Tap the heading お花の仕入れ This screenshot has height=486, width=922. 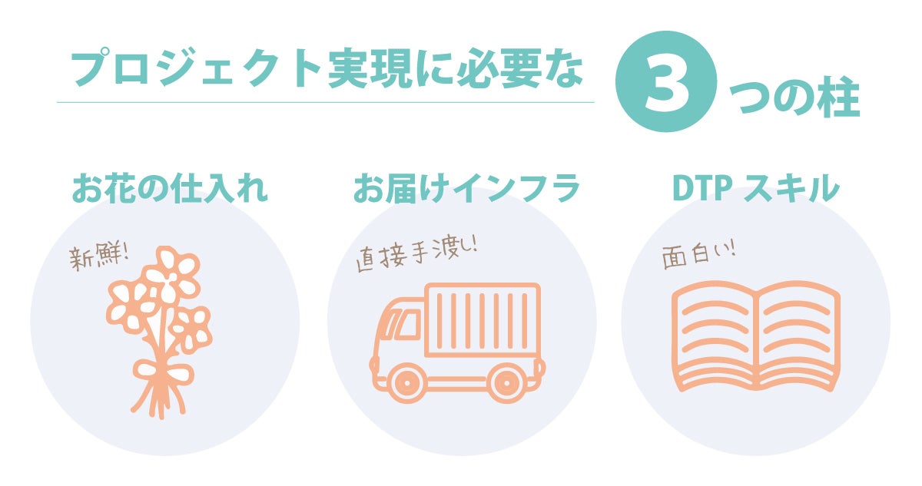[x=170, y=188]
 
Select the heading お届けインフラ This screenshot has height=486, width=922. [x=466, y=188]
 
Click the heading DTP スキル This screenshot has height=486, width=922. [x=756, y=188]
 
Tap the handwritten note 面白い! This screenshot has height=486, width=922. [x=698, y=256]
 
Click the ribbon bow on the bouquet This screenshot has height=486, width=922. [x=163, y=372]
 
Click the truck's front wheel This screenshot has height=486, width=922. [x=406, y=383]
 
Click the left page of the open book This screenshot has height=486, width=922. [x=715, y=334]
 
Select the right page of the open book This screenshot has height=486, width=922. [x=798, y=334]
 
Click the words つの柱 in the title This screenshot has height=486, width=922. [x=794, y=98]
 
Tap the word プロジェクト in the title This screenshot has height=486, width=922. [x=195, y=68]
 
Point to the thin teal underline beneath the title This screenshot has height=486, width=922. [x=326, y=102]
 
